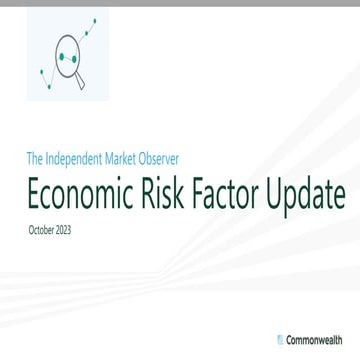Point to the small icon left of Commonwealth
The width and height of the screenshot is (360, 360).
pyautogui.click(x=279, y=331)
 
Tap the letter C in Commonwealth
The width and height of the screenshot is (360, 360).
pyautogui.click(x=288, y=331)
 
